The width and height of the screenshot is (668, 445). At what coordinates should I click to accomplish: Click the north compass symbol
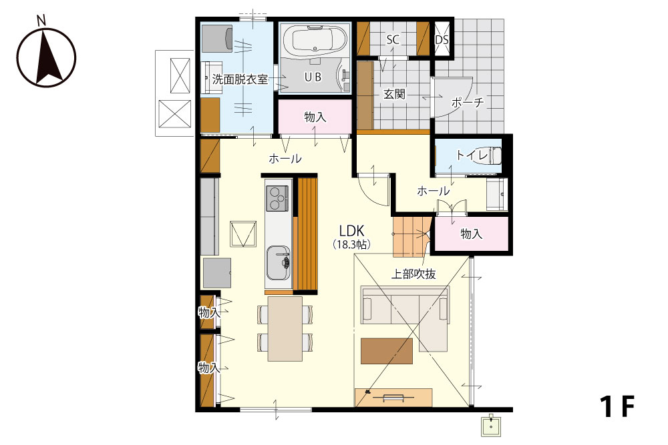pyautogui.click(x=46, y=55)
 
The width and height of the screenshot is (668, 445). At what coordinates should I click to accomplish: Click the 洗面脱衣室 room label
pyautogui.click(x=240, y=79)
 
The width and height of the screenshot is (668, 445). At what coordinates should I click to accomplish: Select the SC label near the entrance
pyautogui.click(x=393, y=39)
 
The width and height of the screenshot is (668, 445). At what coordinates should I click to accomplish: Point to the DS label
pyautogui.click(x=442, y=40)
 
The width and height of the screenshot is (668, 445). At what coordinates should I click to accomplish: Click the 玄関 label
pyautogui.click(x=394, y=94)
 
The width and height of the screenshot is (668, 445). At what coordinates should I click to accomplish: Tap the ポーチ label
pyautogui.click(x=468, y=102)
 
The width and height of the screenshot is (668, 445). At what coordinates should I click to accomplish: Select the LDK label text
pyautogui.click(x=351, y=231)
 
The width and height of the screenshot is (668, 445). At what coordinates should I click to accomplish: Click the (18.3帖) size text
pyautogui.click(x=351, y=245)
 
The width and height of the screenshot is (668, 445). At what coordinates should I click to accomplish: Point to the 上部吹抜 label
pyautogui.click(x=413, y=274)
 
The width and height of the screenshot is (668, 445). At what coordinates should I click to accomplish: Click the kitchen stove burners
pyautogui.click(x=277, y=198)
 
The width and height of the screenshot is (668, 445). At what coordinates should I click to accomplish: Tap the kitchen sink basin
pyautogui.click(x=278, y=263)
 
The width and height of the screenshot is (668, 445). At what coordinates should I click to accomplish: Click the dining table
pyautogui.click(x=285, y=329)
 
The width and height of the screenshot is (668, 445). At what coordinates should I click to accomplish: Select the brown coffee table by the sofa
pyautogui.click(x=387, y=351)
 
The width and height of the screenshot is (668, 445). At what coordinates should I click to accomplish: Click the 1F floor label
pyautogui.click(x=617, y=406)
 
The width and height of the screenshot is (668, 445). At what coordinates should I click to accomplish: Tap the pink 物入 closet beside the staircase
pyautogui.click(x=471, y=234)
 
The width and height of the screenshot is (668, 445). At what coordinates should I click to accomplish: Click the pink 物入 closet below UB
pyautogui.click(x=315, y=117)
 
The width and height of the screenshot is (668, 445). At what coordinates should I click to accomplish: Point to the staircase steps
pyautogui.click(x=409, y=237)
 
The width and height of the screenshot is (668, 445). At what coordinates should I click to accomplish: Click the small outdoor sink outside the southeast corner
pyautogui.click(x=491, y=426)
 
